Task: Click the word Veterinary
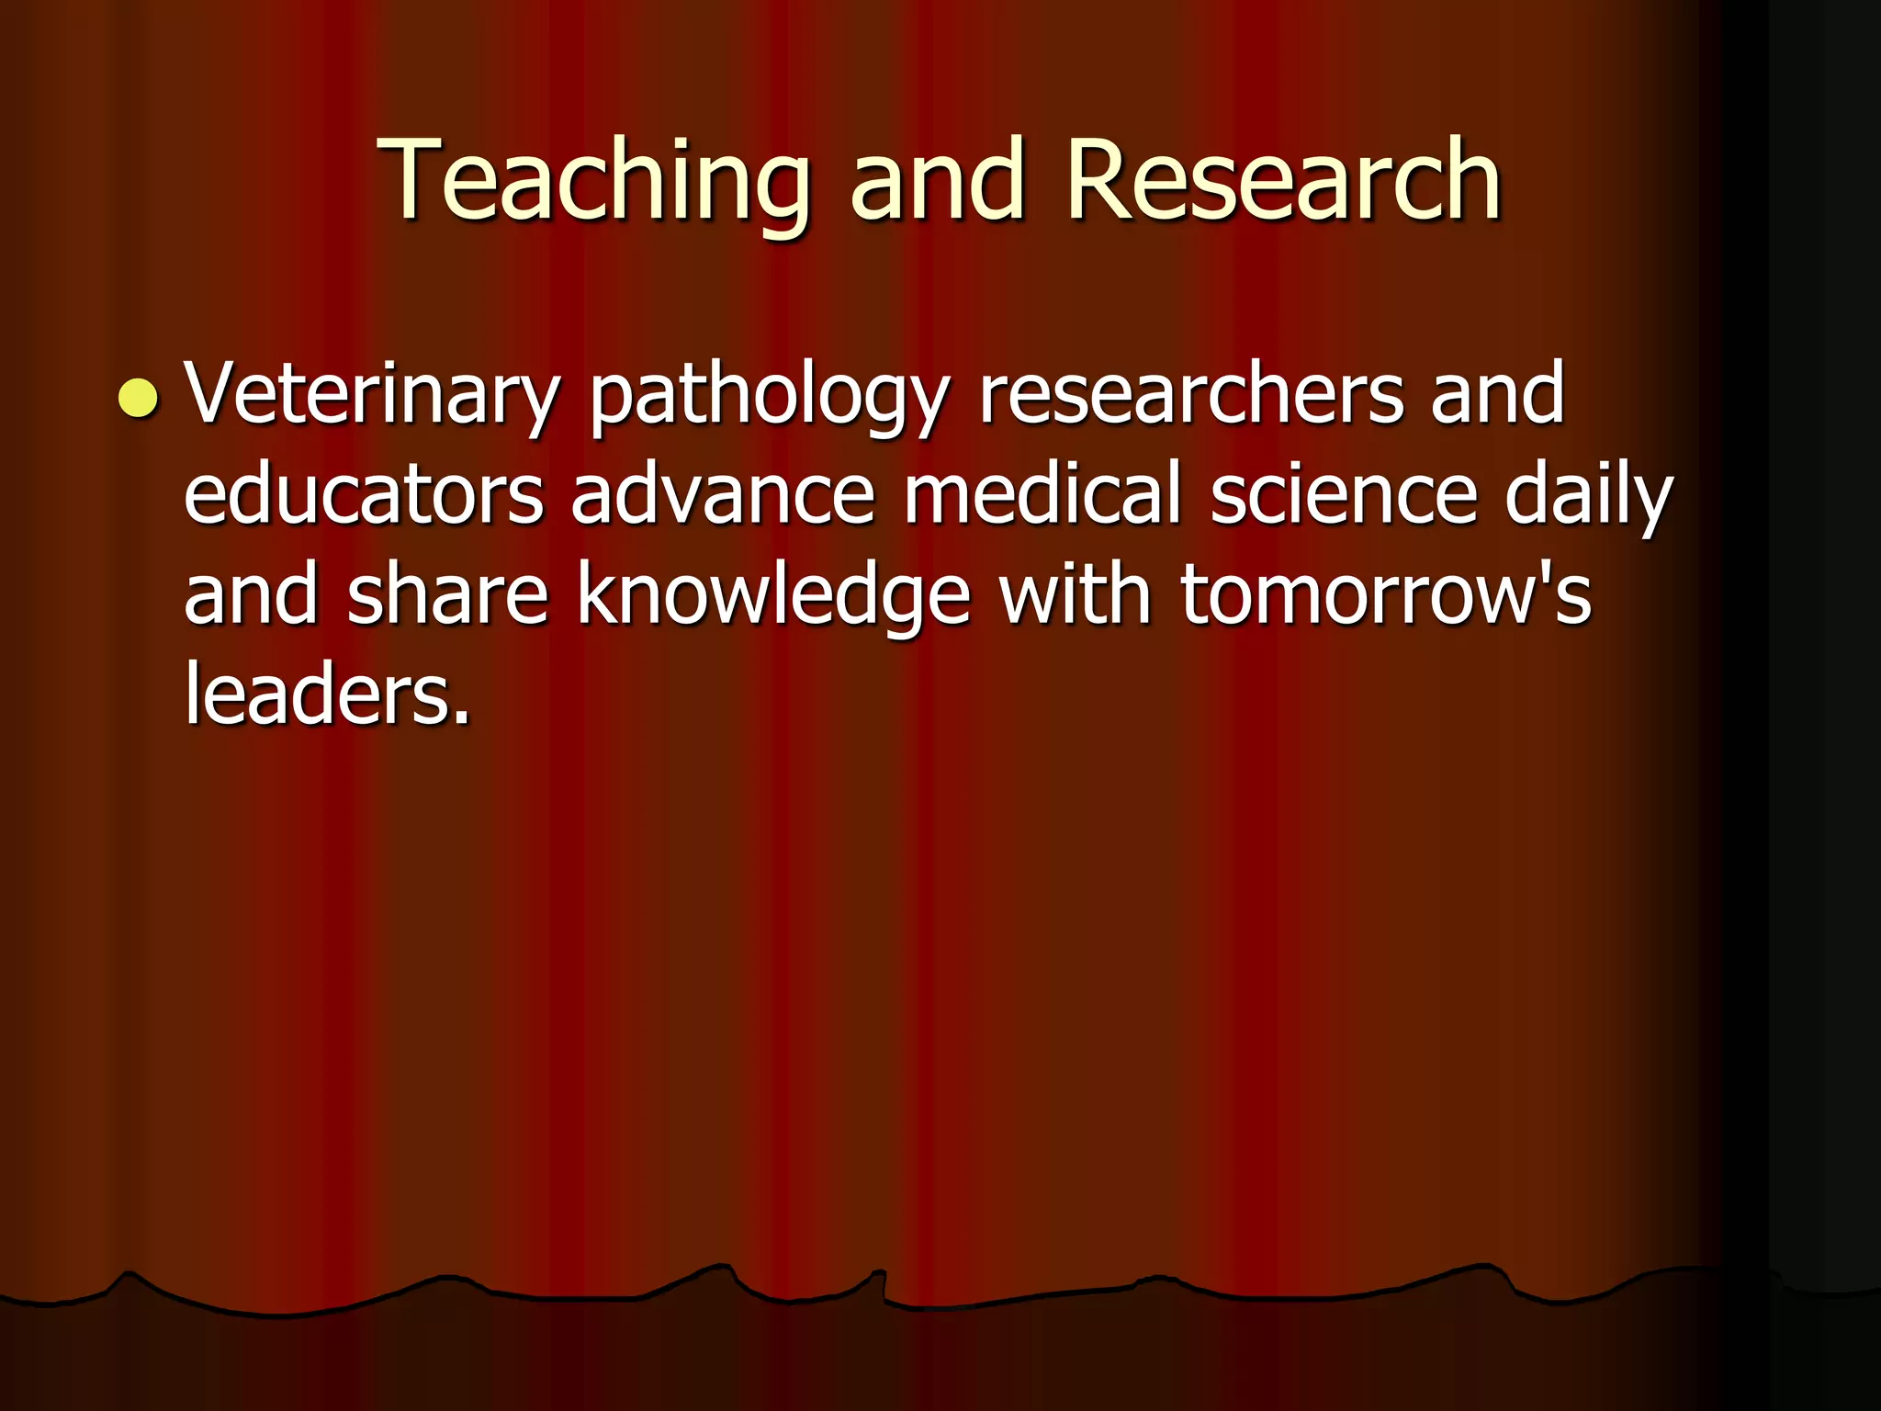tap(371, 396)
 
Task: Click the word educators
tap(364, 495)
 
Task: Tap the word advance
tap(723, 495)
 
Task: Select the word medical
tap(1042, 495)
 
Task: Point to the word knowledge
tap(772, 597)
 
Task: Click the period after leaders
tap(462, 717)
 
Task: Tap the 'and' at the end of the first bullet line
tap(1496, 394)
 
